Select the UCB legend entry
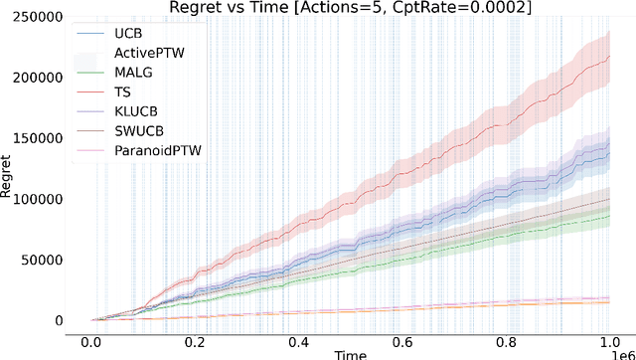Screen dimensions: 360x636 point(129,33)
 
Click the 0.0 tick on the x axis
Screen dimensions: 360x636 point(91,340)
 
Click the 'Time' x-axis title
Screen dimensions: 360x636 point(350,354)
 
